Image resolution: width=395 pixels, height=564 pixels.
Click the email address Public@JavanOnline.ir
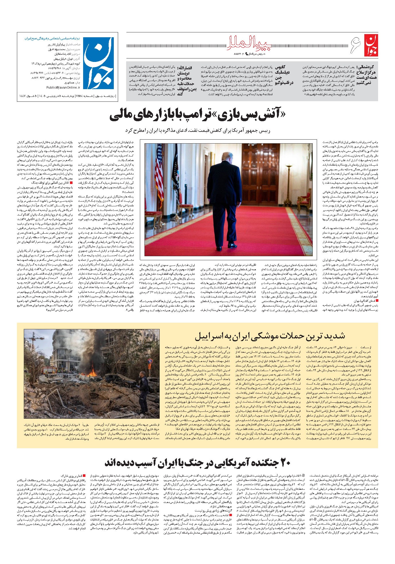[63, 87]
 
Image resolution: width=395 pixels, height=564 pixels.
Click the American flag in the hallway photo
[159, 172]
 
